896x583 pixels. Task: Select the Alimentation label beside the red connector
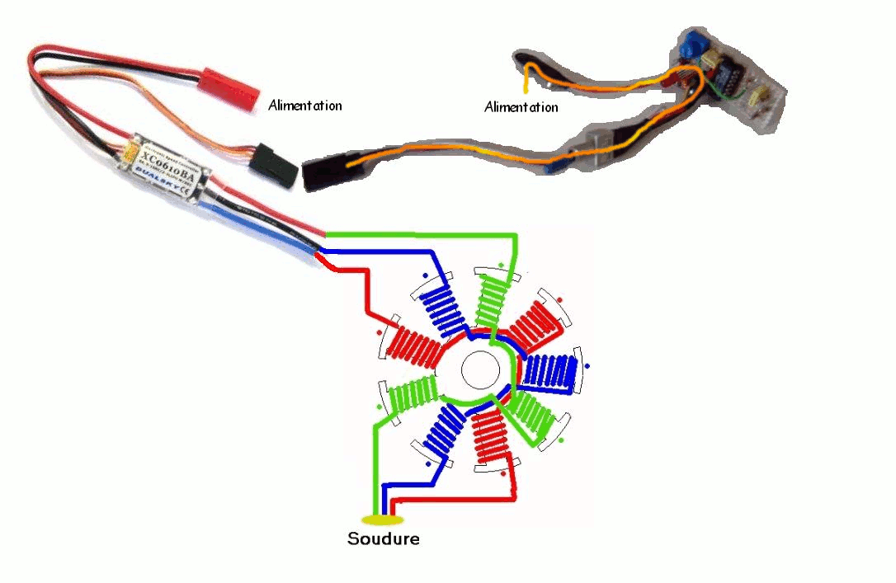(x=304, y=106)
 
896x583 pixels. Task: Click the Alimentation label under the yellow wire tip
(x=521, y=107)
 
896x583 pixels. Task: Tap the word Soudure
(x=383, y=539)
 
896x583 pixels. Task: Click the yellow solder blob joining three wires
(x=383, y=520)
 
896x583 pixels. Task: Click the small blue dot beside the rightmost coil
(x=587, y=364)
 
